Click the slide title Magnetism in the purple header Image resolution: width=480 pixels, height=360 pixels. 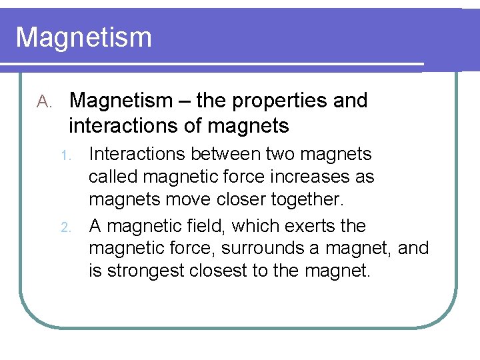pos(83,37)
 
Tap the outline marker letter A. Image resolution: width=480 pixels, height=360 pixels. pos(44,102)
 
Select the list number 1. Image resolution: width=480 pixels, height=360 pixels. pos(65,155)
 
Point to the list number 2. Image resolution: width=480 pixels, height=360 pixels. pos(65,227)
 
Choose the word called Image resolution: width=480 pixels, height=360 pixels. pos(113,177)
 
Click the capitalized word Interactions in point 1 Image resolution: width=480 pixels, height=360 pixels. pos(136,154)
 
